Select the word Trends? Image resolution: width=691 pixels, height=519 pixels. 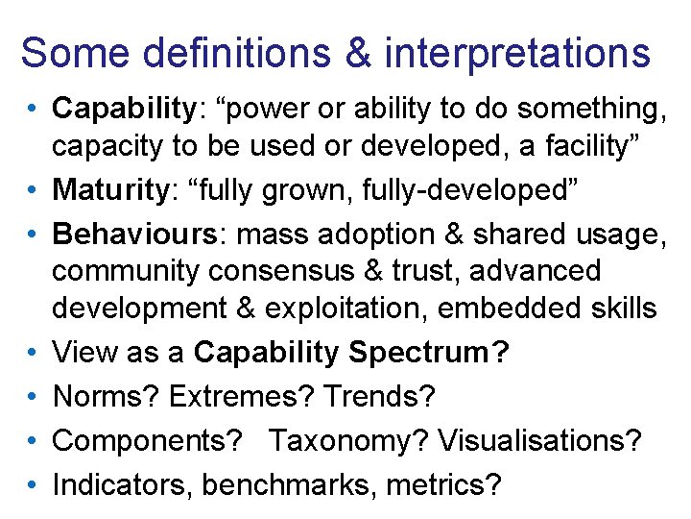(380, 396)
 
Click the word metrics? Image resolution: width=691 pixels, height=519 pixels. (443, 485)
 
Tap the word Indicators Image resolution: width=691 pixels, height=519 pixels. (123, 485)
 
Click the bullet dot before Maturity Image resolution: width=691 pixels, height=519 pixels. (33, 190)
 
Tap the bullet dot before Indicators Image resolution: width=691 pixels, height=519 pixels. (33, 485)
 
